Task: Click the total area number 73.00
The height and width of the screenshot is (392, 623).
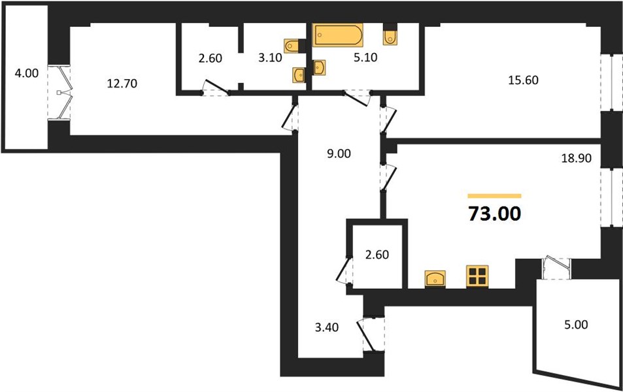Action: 494,214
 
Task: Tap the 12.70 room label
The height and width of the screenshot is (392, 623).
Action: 122,84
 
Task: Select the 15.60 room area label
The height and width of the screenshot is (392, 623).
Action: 523,80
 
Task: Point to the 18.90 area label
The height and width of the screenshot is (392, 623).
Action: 576,158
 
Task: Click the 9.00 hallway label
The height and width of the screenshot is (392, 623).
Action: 339,154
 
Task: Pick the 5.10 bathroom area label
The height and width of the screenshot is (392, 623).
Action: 365,57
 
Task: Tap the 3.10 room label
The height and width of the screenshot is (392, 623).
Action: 270,57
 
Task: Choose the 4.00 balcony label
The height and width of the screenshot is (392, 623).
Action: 27,73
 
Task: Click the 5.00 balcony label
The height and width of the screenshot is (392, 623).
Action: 576,325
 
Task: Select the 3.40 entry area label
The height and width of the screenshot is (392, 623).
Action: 327,327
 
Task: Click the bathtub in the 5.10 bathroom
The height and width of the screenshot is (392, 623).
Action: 338,35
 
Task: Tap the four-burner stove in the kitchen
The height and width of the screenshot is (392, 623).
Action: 477,276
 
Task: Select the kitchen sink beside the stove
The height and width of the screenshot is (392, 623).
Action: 435,278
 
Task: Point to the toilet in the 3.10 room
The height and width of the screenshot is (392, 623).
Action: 292,46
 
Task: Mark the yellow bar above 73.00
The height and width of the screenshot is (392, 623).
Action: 494,196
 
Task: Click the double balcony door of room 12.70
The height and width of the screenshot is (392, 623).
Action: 59,93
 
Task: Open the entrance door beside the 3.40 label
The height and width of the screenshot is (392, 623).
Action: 371,334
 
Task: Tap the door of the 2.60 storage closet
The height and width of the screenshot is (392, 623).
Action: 344,270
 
